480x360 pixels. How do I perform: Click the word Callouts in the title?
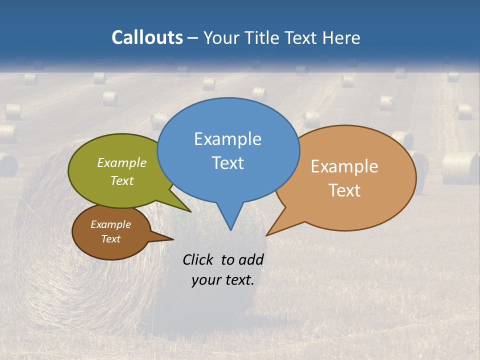147,37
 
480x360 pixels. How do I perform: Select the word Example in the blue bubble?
227,138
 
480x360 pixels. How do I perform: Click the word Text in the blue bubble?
227,162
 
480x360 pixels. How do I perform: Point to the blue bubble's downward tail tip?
230,227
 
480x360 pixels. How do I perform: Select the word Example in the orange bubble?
344,166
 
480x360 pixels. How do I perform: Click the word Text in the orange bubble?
344,190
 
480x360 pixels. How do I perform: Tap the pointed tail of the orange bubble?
270,233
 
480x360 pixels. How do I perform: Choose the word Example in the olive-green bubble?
122,162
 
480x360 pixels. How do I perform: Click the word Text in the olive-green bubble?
122,180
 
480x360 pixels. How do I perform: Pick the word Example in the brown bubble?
110,224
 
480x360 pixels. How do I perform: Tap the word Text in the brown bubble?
110,239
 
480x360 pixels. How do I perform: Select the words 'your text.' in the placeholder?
223,279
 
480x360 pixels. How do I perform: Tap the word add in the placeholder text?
251,259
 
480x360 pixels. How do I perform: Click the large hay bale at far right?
460,168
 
